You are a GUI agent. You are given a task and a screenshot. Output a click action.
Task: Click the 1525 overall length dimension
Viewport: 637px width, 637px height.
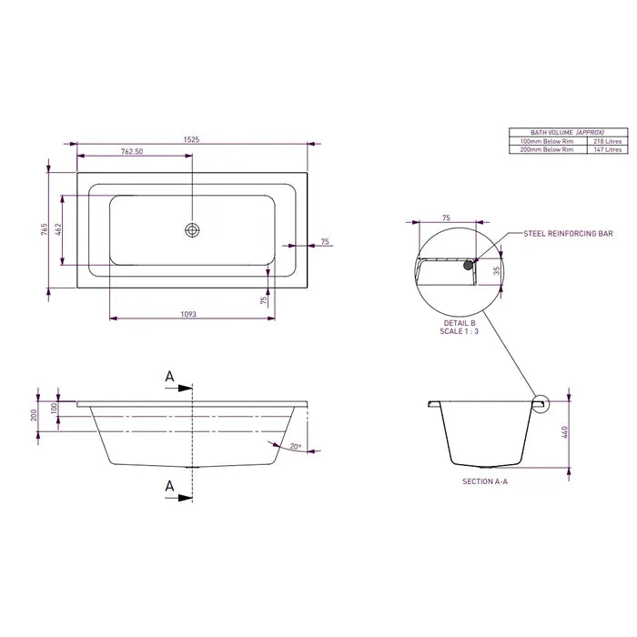click(x=192, y=140)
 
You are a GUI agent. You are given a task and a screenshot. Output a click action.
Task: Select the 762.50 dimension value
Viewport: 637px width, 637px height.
click(x=132, y=152)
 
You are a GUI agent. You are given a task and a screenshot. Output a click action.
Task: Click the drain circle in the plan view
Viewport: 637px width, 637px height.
click(x=192, y=230)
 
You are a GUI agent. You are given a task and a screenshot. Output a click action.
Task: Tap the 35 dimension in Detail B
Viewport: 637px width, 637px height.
click(x=497, y=270)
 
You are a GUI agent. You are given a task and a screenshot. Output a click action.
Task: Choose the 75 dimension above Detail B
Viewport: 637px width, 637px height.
click(x=446, y=218)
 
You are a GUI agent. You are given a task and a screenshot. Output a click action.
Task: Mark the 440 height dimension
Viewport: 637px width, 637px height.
click(x=565, y=433)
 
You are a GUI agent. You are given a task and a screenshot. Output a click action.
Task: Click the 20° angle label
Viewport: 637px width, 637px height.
click(x=295, y=447)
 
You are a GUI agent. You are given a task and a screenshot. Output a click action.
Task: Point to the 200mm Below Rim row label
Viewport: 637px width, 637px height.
click(x=546, y=149)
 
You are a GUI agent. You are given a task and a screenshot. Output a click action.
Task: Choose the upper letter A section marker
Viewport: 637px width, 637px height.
click(x=168, y=376)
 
